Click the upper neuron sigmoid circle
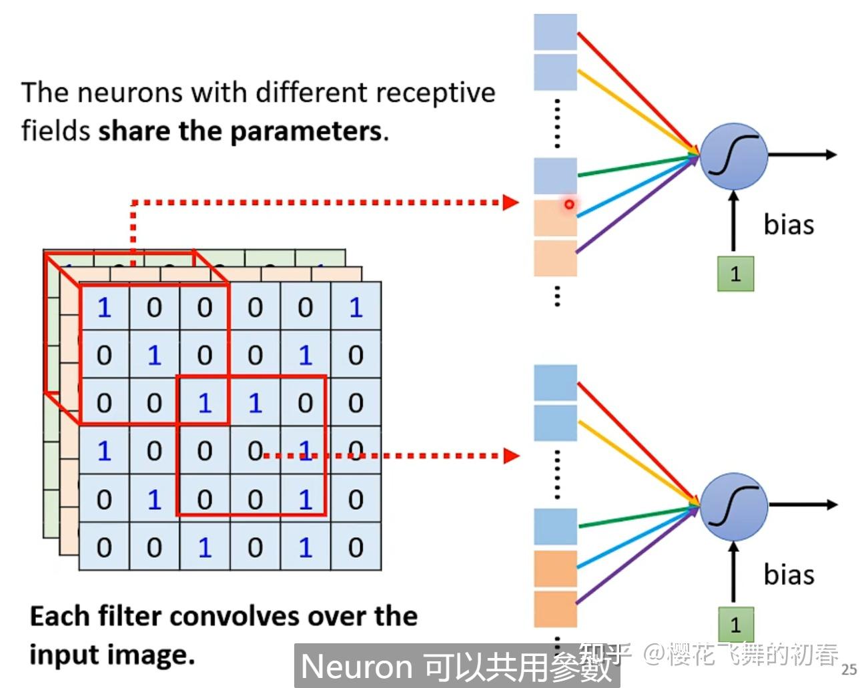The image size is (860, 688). (x=733, y=155)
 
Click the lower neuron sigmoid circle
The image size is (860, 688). (x=733, y=506)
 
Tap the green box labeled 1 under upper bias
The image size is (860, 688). (x=735, y=274)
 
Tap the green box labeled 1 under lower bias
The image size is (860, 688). (x=735, y=625)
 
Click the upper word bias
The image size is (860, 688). (x=789, y=225)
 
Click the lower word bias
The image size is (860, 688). (x=789, y=575)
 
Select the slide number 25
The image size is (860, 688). (x=848, y=669)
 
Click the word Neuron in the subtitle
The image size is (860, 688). (x=357, y=667)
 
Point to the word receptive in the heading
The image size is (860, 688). (x=434, y=93)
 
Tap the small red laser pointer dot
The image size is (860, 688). (x=569, y=204)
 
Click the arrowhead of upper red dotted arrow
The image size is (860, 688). (x=511, y=202)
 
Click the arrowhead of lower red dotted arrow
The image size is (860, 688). (x=511, y=456)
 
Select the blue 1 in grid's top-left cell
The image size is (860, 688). (x=104, y=308)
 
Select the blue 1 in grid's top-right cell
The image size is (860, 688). (x=356, y=308)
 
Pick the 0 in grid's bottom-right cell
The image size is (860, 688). (x=356, y=547)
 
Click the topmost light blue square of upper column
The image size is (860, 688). (x=555, y=31)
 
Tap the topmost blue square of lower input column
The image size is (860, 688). (x=555, y=382)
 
